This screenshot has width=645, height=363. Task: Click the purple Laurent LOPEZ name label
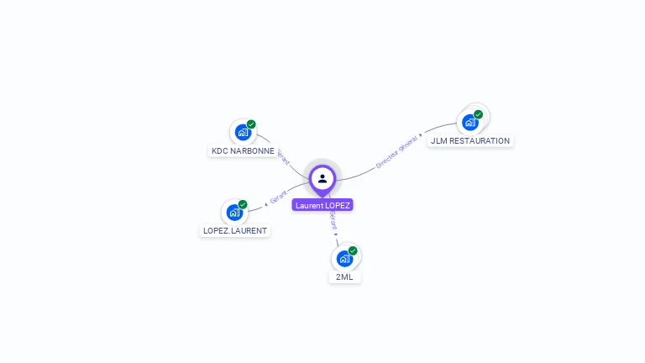322,205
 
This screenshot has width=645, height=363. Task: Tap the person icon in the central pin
322,178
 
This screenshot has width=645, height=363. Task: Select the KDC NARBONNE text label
243,151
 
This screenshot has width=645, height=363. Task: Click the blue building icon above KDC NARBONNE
243,133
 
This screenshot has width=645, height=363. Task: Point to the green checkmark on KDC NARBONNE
251,124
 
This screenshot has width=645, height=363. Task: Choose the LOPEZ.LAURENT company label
235,230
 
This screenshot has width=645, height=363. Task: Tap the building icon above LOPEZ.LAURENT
234,213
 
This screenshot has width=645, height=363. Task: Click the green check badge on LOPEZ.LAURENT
243,204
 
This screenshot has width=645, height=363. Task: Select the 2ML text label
344,276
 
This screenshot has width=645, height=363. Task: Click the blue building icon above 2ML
344,259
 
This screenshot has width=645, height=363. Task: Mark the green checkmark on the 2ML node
353,250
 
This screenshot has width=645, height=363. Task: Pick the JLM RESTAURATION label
470,141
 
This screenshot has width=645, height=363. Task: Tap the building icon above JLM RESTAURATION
470,123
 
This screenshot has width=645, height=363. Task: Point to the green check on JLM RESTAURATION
478,114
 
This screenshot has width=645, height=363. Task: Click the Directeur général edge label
396,151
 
